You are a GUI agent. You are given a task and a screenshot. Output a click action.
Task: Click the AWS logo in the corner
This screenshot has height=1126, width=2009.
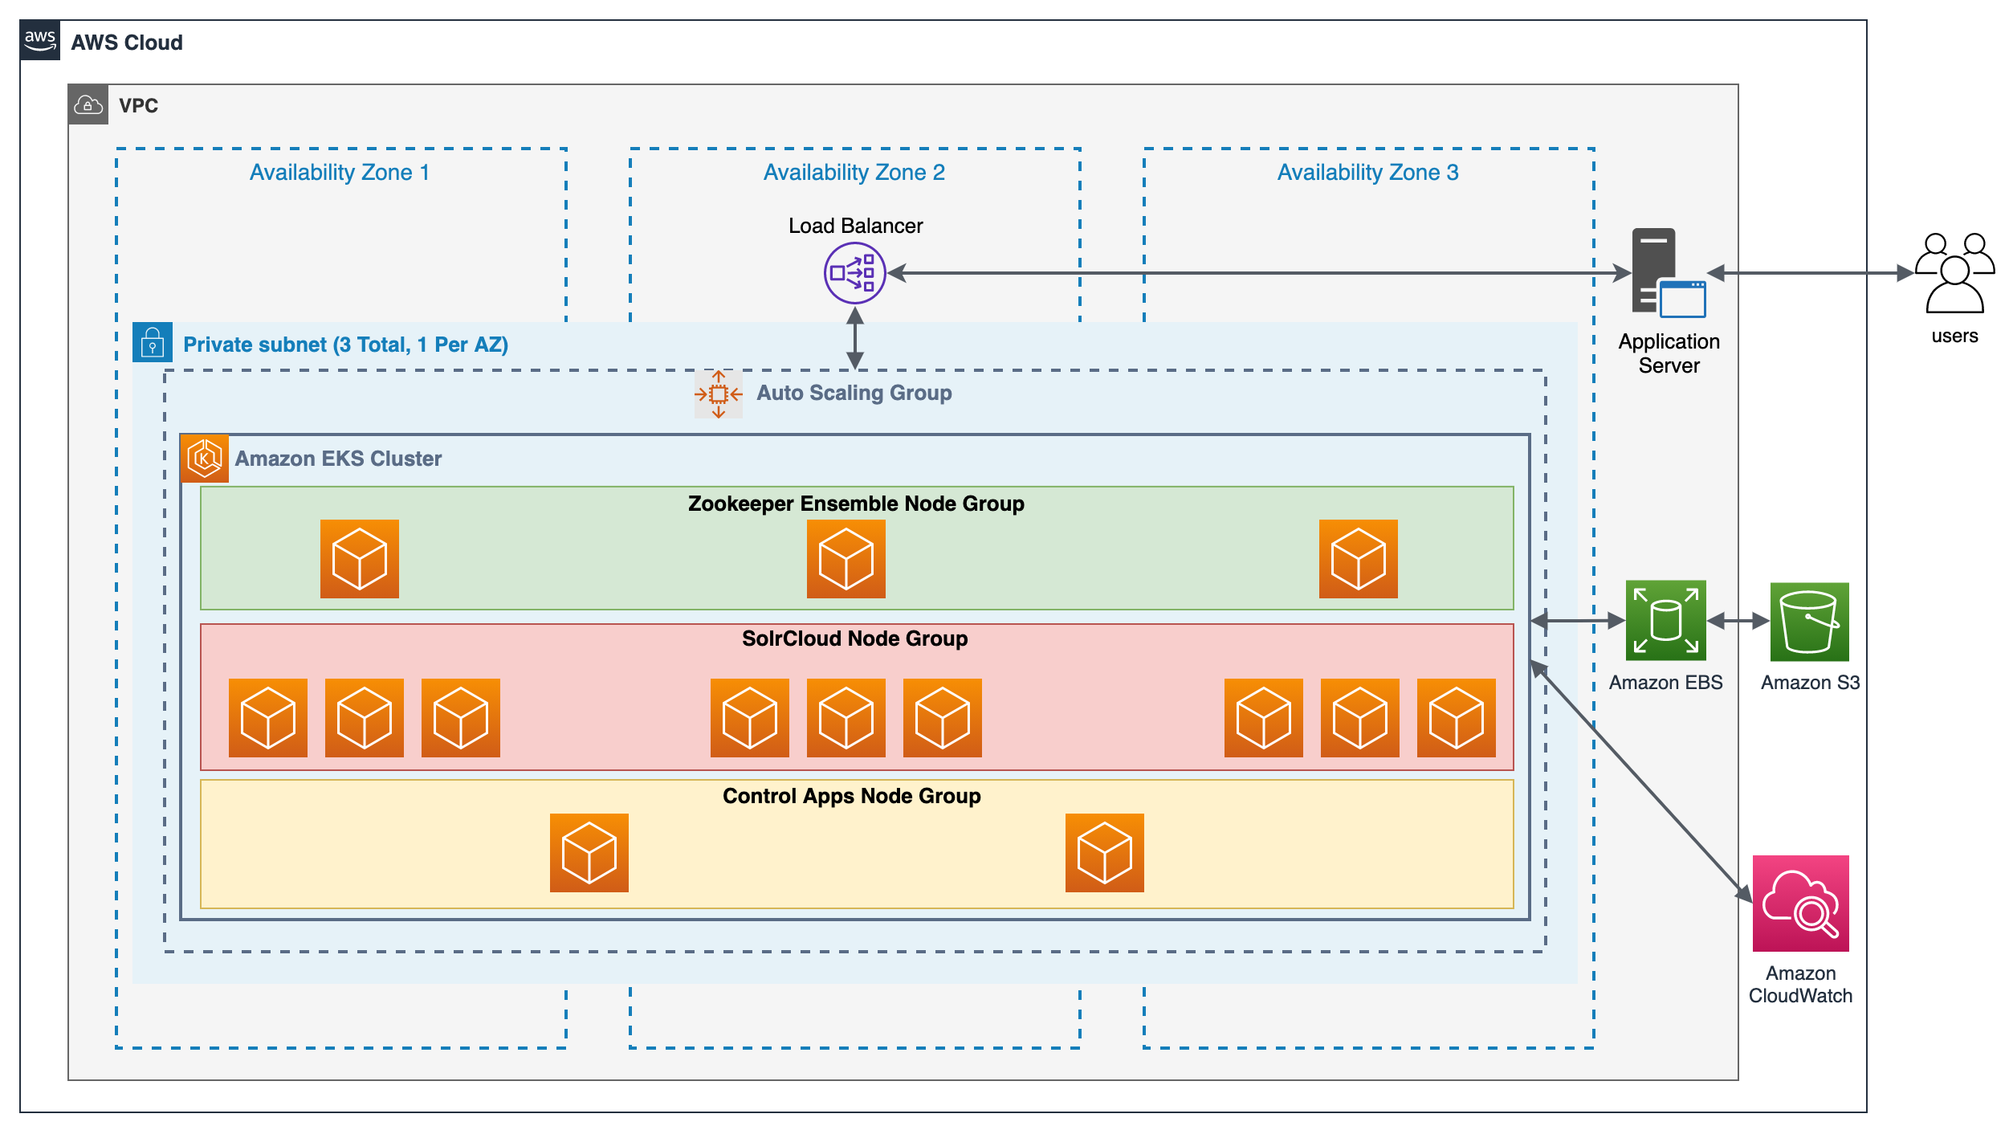point(39,40)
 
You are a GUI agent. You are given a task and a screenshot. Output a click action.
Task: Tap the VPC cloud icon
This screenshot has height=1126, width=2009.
point(88,104)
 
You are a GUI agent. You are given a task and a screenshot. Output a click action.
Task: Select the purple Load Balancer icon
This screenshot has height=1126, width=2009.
point(855,273)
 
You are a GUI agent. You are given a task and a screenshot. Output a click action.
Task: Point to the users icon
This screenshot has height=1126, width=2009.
point(1954,273)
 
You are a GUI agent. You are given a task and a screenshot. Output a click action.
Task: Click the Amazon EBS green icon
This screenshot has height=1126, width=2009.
point(1666,621)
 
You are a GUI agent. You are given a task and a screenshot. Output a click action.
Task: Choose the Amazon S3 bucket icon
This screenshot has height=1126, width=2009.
point(1810,622)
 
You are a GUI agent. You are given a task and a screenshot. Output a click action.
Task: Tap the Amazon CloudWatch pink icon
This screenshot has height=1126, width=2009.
point(1801,904)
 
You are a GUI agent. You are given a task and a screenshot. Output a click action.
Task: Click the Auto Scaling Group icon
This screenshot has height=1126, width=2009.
point(719,394)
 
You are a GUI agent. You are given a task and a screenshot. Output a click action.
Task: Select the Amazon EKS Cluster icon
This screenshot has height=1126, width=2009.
point(205,459)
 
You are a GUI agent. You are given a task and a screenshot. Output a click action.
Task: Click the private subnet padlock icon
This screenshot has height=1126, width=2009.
point(153,343)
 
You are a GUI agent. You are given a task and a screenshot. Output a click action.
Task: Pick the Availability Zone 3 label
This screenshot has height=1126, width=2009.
point(1368,173)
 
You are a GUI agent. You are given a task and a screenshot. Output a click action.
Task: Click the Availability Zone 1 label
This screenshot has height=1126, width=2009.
point(340,173)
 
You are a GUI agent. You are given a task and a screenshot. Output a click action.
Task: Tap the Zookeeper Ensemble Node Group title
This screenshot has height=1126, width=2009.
point(856,504)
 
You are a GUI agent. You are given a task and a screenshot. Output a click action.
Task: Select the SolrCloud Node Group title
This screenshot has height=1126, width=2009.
point(855,638)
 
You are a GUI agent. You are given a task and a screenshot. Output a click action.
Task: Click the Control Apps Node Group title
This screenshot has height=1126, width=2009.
point(852,796)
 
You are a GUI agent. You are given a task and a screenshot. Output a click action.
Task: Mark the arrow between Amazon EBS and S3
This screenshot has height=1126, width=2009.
point(1738,621)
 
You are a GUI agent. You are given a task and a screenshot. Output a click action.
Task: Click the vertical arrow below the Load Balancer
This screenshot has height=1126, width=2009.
point(855,338)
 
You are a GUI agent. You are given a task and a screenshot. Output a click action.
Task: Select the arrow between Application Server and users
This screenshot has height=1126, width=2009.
point(1811,273)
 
